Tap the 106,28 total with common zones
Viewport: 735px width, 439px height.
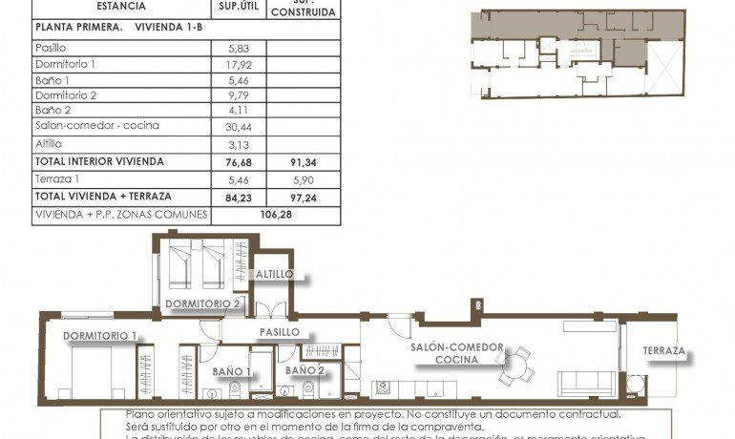point(275,215)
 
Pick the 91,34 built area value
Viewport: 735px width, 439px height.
point(303,162)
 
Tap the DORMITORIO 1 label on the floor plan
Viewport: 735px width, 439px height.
point(100,336)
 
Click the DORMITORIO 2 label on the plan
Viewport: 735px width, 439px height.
point(202,304)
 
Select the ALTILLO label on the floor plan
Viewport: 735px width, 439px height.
point(274,275)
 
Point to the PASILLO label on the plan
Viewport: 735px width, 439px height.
point(280,332)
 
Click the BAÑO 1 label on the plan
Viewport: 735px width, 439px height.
point(232,371)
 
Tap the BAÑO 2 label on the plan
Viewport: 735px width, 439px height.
point(304,370)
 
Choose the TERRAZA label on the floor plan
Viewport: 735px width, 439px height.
point(663,351)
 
